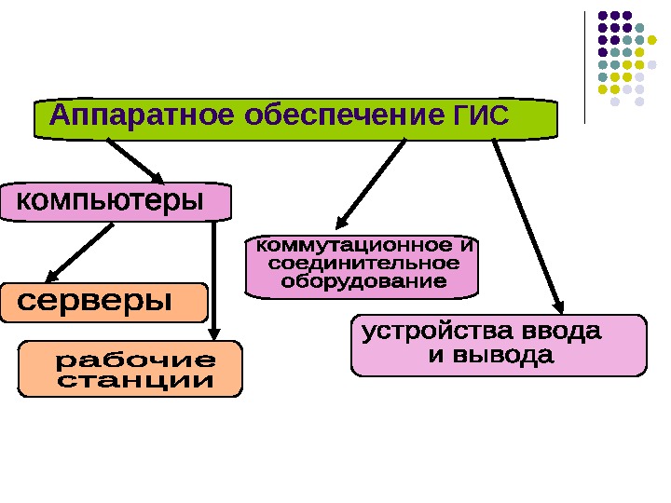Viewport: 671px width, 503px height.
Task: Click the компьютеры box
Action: (x=113, y=201)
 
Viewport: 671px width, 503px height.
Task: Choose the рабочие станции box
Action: (x=130, y=370)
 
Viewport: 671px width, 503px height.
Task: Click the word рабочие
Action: (x=136, y=359)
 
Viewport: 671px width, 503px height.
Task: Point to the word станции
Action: (x=136, y=381)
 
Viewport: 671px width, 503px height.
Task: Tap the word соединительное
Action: (x=364, y=264)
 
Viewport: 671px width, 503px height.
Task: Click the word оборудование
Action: (x=364, y=280)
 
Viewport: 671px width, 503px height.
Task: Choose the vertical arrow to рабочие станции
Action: (x=213, y=279)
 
